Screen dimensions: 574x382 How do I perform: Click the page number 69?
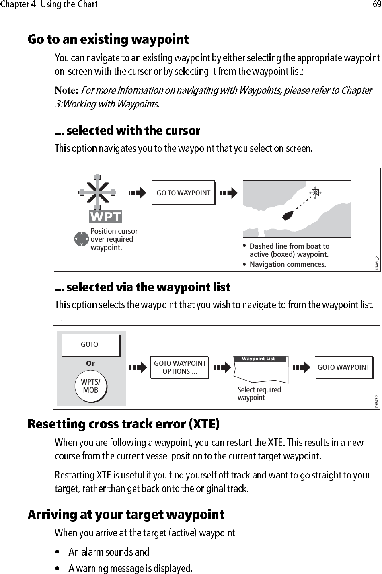pos(376,5)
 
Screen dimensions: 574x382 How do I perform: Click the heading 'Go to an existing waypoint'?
pos(108,39)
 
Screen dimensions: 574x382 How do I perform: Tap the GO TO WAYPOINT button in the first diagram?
pos(183,193)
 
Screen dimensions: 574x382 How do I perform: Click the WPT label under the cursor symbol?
pos(105,217)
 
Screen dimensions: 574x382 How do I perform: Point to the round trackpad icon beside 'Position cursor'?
pos(81,239)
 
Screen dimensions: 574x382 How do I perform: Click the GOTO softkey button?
pos(90,344)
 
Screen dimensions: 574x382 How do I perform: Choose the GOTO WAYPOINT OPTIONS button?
pos(180,367)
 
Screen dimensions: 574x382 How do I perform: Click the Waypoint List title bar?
pos(259,359)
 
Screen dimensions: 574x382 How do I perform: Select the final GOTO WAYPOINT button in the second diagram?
pos(343,367)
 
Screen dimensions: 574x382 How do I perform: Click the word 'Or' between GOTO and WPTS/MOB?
pos(90,363)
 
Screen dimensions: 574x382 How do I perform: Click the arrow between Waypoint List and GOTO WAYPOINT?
pos(301,367)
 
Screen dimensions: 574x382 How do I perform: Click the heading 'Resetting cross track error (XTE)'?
pos(123,424)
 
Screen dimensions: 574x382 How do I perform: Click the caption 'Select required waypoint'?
pos(259,394)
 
